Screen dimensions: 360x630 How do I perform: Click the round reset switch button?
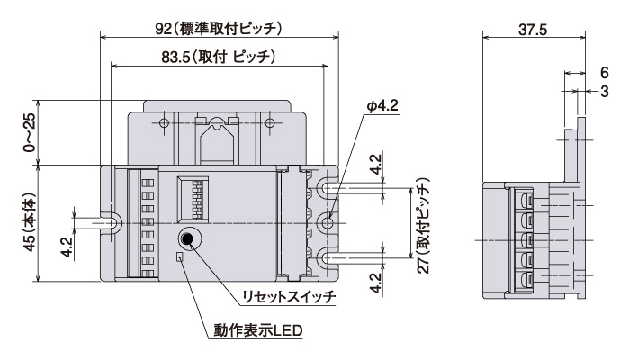189,238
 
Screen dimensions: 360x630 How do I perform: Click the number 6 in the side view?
604,73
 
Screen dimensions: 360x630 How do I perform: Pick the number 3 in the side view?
604,91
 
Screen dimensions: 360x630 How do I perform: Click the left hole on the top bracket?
164,122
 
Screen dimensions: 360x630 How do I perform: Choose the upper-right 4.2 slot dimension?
376,164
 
